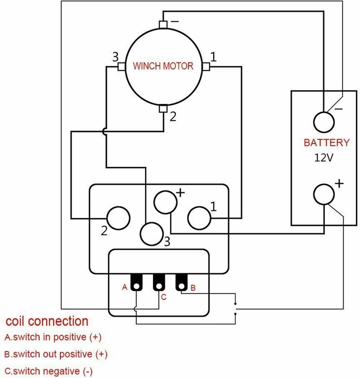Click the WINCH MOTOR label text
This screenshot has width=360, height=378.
coord(163,66)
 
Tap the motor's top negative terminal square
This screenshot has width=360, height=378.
coord(163,25)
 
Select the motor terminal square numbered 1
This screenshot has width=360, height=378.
coord(206,67)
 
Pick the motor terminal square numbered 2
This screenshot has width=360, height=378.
coord(163,109)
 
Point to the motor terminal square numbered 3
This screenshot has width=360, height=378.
coord(121,67)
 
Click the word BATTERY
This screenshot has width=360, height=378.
coord(327,143)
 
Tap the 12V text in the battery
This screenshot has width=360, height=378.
coord(324,157)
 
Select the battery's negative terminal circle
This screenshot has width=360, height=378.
coord(324,122)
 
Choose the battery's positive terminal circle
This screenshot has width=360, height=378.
coord(324,194)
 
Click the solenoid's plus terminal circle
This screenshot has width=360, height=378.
coord(166,202)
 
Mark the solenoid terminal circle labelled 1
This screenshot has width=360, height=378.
coord(199,218)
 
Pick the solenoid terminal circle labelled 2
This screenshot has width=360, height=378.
coord(118,218)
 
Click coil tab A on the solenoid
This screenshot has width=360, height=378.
coord(136,282)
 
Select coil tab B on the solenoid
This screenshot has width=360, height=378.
coord(181,282)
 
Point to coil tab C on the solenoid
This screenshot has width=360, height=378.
coord(159,282)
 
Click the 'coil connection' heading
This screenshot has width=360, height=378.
coord(47,321)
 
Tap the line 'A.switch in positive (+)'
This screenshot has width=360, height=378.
coord(53,337)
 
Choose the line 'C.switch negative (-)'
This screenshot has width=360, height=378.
coord(49,371)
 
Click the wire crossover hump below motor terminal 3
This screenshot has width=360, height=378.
coord(104,131)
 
